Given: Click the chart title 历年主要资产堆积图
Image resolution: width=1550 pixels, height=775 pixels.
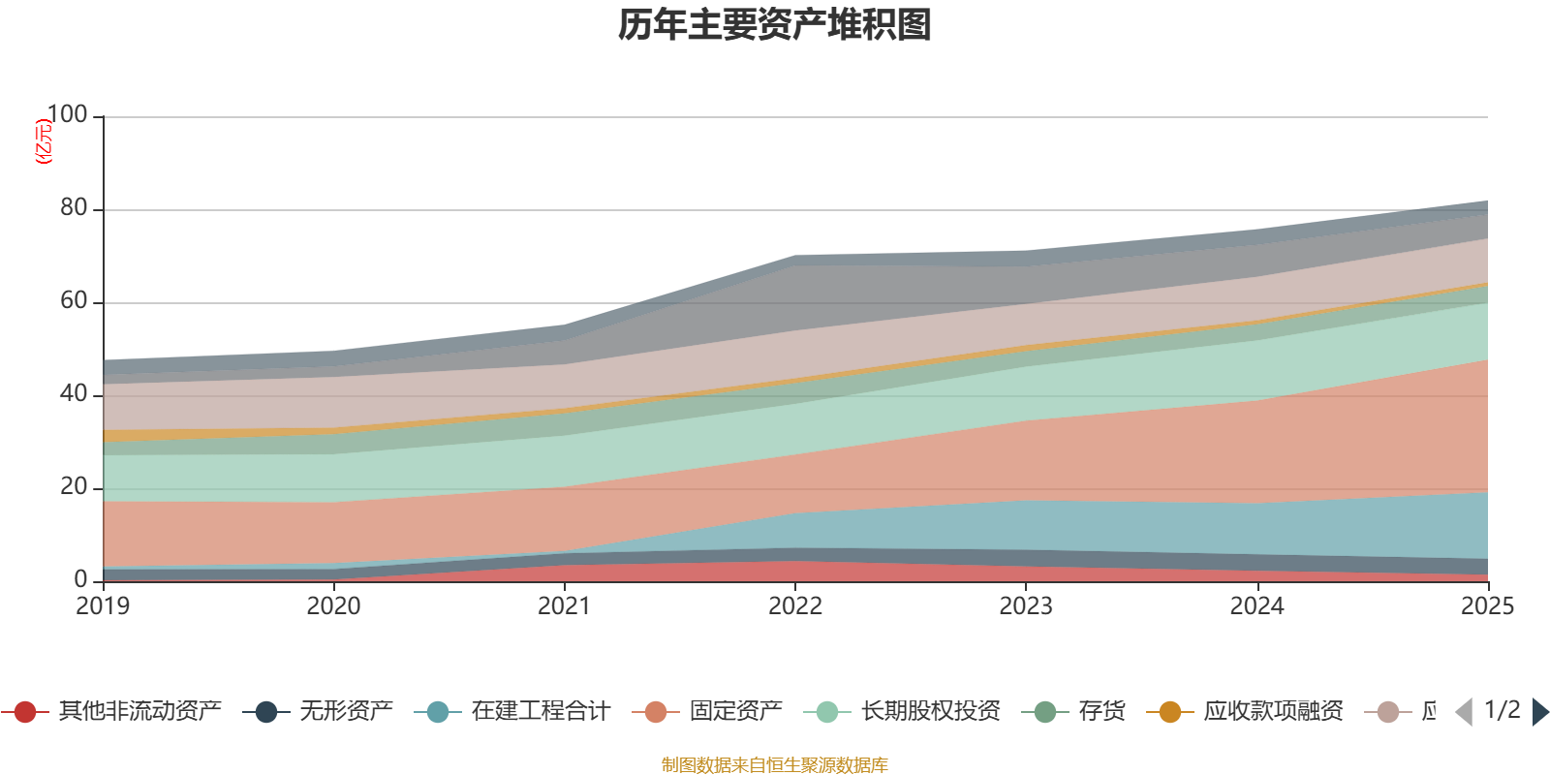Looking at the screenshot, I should (775, 25).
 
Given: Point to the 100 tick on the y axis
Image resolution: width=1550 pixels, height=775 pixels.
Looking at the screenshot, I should (67, 115).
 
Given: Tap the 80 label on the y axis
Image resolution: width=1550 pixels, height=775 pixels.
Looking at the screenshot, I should (74, 208).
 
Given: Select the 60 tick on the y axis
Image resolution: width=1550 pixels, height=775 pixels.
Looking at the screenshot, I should (74, 301).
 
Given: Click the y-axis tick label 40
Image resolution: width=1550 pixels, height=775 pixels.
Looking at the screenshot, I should (74, 394).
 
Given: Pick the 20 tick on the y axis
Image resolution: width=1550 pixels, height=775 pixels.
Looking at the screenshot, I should (74, 487).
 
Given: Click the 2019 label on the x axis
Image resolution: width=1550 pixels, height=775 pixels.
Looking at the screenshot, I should (103, 606).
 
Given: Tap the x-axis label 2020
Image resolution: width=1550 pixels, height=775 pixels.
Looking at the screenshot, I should (333, 606).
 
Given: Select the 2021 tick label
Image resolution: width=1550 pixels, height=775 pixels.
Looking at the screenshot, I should (564, 606).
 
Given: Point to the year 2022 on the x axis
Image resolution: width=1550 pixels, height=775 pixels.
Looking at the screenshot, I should (794, 606).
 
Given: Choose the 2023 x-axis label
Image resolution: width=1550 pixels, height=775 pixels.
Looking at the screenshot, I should (1026, 606).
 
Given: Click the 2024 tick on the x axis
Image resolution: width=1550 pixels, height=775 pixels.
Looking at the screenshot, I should (1256, 606).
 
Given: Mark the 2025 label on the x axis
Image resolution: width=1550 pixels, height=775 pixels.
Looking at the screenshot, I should (1487, 606).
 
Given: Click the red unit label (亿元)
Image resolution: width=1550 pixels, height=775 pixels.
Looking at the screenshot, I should (43, 141).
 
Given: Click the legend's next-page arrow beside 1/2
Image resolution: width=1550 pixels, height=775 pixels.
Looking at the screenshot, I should (1539, 712).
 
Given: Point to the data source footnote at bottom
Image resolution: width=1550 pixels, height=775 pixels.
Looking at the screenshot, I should (775, 765).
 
